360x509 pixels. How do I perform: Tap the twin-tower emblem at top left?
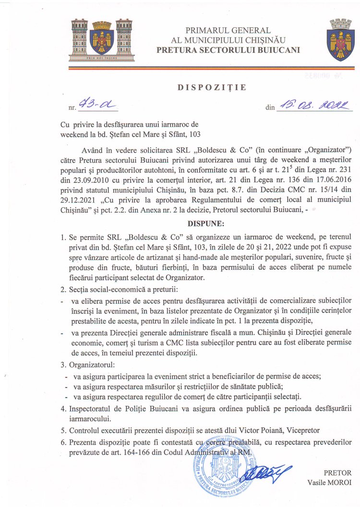[x=101, y=39]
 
